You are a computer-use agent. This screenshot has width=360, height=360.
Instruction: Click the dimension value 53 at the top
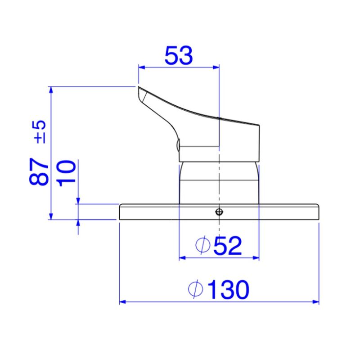pos(179,55)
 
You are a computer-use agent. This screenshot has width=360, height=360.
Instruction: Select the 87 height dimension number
pos(39,171)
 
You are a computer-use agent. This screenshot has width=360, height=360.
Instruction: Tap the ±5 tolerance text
pos(40,132)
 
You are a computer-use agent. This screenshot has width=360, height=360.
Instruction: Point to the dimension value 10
pos(67,173)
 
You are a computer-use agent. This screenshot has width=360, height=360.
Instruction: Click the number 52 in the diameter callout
pos(228,246)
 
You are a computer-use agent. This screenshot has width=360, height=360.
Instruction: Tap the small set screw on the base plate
pos(219,211)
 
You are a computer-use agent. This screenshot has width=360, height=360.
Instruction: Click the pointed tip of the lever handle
pos(139,87)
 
